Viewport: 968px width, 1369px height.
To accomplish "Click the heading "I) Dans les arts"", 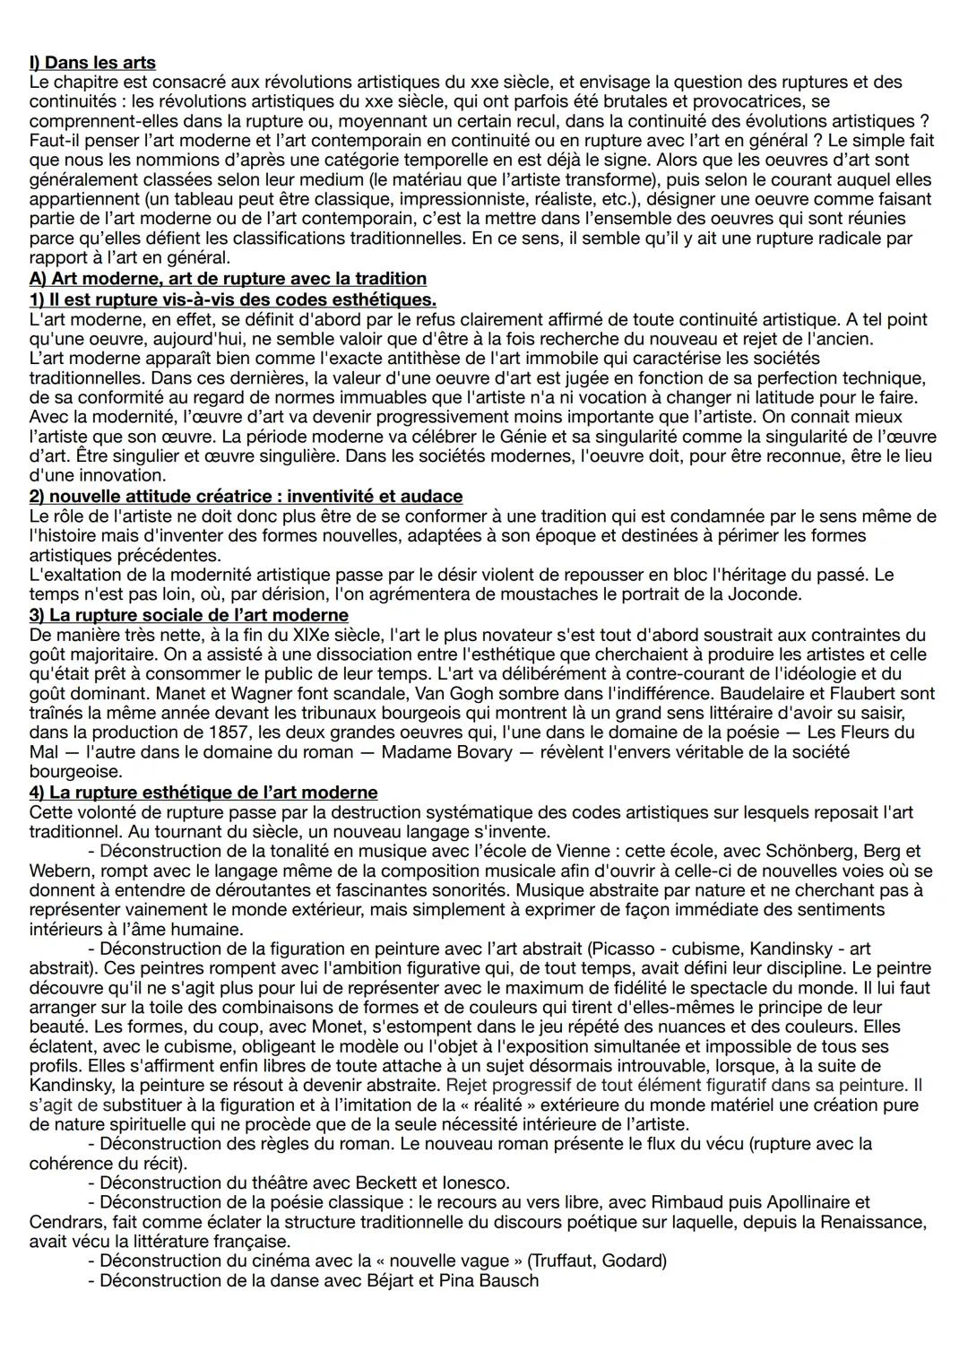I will (92, 63).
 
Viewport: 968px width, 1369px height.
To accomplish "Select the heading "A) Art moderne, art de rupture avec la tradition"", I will (228, 279).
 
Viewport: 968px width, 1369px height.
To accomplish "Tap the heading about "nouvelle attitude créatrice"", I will (246, 496).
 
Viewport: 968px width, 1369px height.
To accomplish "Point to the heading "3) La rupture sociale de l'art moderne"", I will (188, 615).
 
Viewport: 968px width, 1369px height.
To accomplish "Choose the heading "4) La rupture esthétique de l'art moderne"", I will (203, 793).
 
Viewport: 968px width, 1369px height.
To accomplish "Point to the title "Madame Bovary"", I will (446, 753).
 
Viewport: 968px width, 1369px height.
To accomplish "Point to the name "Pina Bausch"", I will (489, 1280).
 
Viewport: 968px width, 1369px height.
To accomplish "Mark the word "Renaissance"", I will (874, 1222).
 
